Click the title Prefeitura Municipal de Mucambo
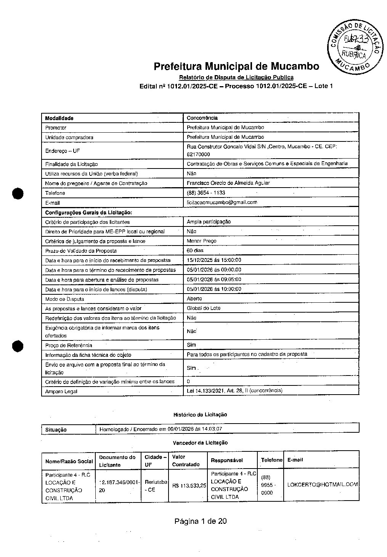(236, 66)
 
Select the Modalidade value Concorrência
(202, 118)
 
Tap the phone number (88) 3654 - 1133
(206, 193)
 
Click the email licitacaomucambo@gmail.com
(222, 202)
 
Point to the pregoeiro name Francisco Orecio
(228, 183)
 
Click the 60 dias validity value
(195, 250)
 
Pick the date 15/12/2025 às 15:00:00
(214, 260)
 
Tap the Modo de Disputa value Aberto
(194, 299)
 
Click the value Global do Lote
(204, 308)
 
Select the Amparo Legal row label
(61, 392)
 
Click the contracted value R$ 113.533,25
(189, 486)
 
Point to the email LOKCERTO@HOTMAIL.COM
(323, 485)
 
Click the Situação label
(56, 430)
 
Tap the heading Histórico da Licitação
(200, 414)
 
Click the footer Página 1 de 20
(201, 521)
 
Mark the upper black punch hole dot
(18, 193)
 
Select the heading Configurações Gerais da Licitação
(88, 212)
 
